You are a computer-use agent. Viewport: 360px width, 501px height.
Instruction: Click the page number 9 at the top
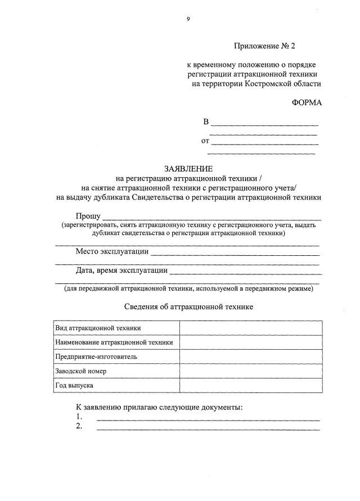coord(188,19)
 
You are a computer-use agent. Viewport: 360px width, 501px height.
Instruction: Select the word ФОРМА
coord(307,103)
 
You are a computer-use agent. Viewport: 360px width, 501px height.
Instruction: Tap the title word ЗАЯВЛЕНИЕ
coord(188,169)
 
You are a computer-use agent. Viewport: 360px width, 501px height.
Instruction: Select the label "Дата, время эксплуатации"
coord(122,270)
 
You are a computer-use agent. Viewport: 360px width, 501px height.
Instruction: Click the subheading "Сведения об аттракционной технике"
coord(188,307)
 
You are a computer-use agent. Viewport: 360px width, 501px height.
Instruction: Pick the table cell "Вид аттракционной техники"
coord(98,327)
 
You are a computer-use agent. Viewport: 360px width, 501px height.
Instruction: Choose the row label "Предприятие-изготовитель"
coord(96,356)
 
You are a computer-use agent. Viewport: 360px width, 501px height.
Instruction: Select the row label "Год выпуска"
coord(74,386)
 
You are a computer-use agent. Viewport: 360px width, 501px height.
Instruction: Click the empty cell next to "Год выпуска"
coord(251,386)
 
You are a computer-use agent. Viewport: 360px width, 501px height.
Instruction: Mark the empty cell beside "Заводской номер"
coord(251,371)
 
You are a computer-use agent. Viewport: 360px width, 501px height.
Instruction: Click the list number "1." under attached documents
coord(79,417)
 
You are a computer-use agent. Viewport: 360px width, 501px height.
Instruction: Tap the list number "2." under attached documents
coord(79,426)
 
